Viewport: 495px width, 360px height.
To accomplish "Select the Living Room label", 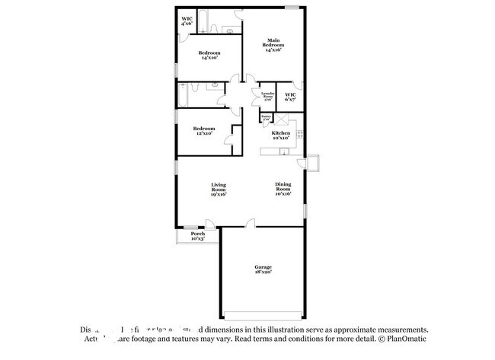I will tap(219, 190).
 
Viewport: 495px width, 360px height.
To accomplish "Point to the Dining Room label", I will tap(283, 190).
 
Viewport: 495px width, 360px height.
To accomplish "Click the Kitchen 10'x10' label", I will tap(281, 135).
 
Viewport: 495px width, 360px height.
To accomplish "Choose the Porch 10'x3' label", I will tap(197, 236).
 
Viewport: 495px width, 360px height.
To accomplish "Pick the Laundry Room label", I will tap(267, 97).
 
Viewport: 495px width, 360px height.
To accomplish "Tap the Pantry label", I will tap(266, 119).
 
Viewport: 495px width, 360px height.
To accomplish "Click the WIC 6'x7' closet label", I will tap(290, 97).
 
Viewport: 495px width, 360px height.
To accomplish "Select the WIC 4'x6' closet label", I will tap(187, 21).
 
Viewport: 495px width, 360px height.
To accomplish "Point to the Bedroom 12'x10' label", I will tap(203, 131).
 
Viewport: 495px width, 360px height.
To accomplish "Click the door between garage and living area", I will tap(250, 225).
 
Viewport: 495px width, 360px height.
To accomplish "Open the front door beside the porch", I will tap(209, 225).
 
